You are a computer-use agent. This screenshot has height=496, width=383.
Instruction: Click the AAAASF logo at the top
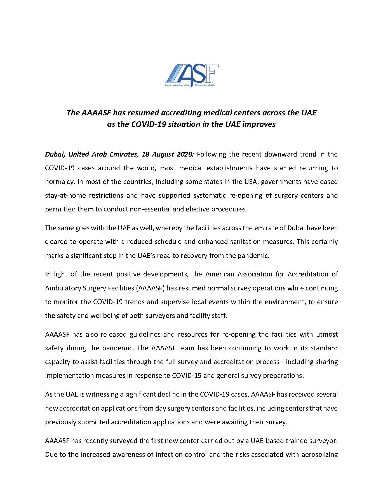point(192,75)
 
